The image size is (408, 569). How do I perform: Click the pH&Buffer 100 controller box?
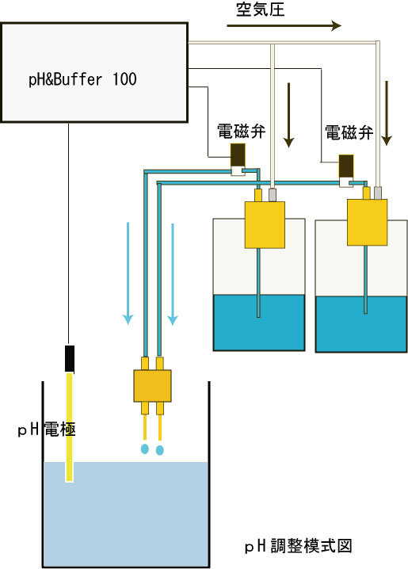(x=94, y=73)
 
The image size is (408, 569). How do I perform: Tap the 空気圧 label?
(x=260, y=10)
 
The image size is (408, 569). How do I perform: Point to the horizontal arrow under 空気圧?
(x=284, y=26)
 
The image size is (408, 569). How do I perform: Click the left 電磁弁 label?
(x=241, y=132)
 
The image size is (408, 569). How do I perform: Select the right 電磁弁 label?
(x=349, y=133)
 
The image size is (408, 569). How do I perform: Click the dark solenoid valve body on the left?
(x=238, y=155)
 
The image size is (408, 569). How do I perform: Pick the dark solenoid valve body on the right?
(x=346, y=166)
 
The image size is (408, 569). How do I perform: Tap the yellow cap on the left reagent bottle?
(x=265, y=224)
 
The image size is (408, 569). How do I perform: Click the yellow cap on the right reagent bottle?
(x=367, y=222)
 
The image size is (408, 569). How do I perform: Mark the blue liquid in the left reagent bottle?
(x=258, y=323)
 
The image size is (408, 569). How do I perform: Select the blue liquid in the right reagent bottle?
(x=360, y=324)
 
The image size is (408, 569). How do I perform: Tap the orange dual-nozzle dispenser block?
(x=152, y=386)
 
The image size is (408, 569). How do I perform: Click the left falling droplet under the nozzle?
(x=145, y=449)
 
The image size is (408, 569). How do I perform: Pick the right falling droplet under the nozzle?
(x=159, y=450)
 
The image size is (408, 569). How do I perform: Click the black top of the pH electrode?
(x=70, y=358)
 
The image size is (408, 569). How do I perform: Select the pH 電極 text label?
(x=47, y=430)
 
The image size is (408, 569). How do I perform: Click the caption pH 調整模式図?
(x=298, y=546)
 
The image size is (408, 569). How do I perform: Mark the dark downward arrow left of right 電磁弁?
(x=288, y=116)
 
